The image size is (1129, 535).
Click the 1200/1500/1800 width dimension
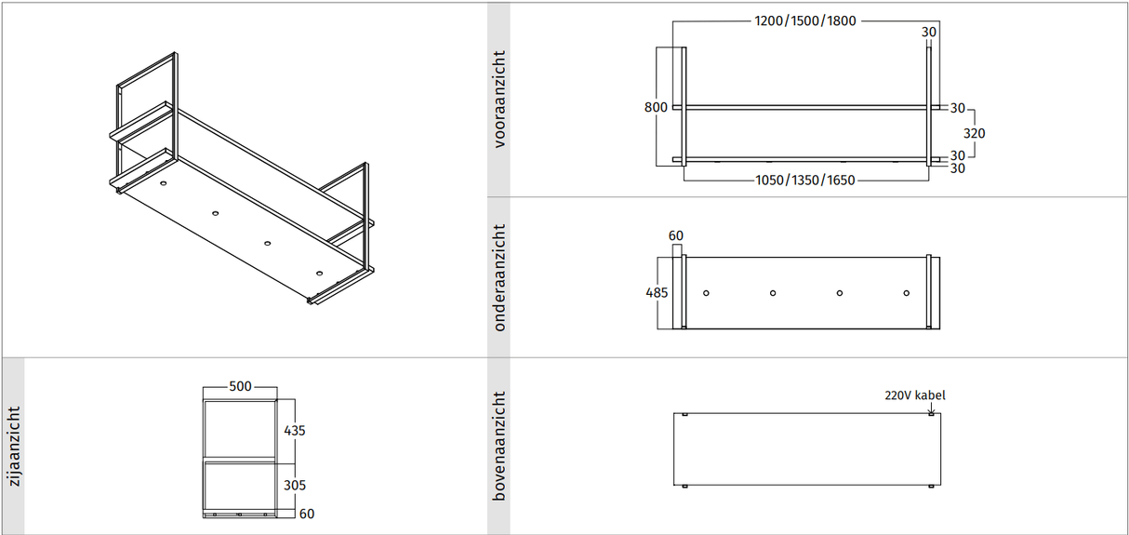(x=805, y=21)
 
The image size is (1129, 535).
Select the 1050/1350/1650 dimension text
(x=804, y=180)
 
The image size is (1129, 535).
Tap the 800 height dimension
(x=656, y=107)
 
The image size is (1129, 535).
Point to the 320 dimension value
(x=974, y=133)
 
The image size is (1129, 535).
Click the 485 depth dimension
(x=657, y=292)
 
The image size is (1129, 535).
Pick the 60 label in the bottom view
(x=676, y=236)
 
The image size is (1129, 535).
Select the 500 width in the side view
(x=240, y=387)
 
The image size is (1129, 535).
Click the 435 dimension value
(x=294, y=431)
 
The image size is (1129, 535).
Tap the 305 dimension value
(x=294, y=485)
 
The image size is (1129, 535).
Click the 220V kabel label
(x=914, y=395)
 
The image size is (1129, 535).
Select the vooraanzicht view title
(x=499, y=100)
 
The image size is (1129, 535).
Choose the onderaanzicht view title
(x=499, y=277)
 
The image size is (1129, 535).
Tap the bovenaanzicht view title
(x=499, y=446)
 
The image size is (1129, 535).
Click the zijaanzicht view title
(x=12, y=446)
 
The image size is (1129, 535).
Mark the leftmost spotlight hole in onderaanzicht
(x=707, y=293)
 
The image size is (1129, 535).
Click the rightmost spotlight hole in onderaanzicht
(x=907, y=293)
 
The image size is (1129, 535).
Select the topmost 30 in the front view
(x=929, y=32)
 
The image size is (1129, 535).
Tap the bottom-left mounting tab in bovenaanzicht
(x=684, y=486)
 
